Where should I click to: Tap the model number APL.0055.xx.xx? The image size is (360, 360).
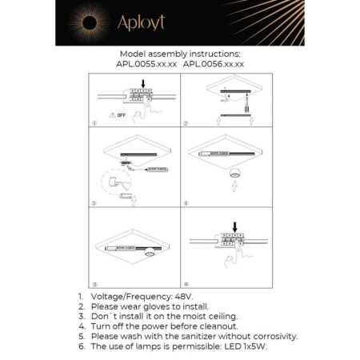click(146, 62)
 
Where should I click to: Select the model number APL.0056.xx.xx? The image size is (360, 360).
click(214, 62)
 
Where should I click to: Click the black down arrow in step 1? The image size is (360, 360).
click(142, 82)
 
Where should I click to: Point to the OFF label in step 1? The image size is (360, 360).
click(121, 115)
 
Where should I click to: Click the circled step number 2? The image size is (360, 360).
click(186, 124)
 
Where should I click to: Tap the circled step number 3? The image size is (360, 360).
click(94, 204)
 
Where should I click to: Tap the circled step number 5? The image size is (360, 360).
click(94, 284)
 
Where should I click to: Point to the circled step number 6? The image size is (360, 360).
click(186, 284)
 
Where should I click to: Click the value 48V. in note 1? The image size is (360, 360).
click(181, 297)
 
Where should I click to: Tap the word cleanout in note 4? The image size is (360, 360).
click(215, 326)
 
